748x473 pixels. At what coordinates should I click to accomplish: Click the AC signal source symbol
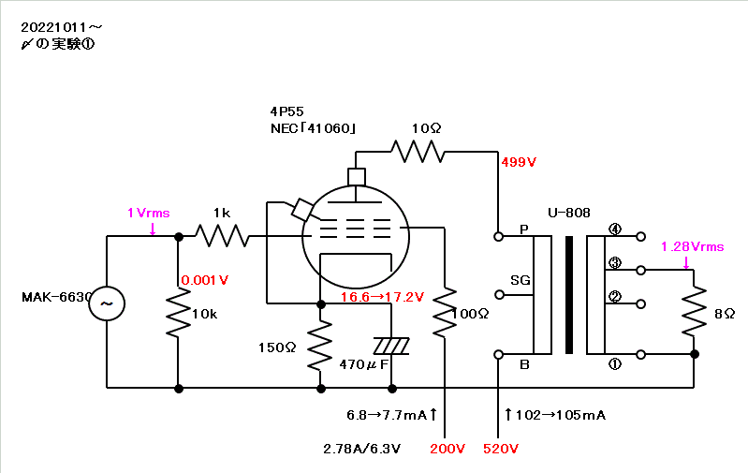tap(107, 303)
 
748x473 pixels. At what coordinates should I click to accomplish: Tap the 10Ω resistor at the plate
tap(418, 152)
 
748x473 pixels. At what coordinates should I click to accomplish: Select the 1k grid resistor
tap(222, 236)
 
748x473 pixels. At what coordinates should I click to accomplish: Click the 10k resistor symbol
tap(179, 313)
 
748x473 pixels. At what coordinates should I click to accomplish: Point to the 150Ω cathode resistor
tap(320, 345)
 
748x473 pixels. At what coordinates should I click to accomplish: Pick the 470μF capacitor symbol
tap(391, 346)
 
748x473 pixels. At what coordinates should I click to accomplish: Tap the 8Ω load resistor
tap(694, 311)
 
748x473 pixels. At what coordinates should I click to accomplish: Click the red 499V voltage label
tap(519, 162)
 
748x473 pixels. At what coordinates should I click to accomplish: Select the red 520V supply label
tap(501, 449)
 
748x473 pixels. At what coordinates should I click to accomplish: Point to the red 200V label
tap(447, 449)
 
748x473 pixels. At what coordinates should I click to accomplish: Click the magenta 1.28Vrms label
tap(692, 246)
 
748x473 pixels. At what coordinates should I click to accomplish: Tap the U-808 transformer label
tap(568, 213)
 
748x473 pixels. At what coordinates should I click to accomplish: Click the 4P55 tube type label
tap(286, 111)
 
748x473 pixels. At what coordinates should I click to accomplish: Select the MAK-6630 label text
tap(56, 297)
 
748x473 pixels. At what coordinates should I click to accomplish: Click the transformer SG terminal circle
tap(499, 295)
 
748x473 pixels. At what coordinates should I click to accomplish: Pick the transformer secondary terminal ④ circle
tap(641, 236)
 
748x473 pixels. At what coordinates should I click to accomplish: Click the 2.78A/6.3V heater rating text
tap(362, 449)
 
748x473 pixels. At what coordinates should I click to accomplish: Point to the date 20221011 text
tap(54, 28)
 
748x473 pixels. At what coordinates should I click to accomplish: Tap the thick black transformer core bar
tap(568, 295)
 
